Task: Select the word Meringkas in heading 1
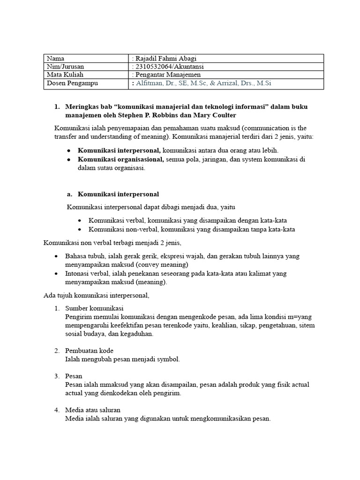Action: pos(82,106)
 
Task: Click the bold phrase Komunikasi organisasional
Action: pos(121,159)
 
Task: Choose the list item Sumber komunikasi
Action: pos(94,308)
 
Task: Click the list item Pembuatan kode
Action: pos(90,351)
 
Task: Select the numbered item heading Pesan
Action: pos(74,376)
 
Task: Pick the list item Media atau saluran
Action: pos(93,410)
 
